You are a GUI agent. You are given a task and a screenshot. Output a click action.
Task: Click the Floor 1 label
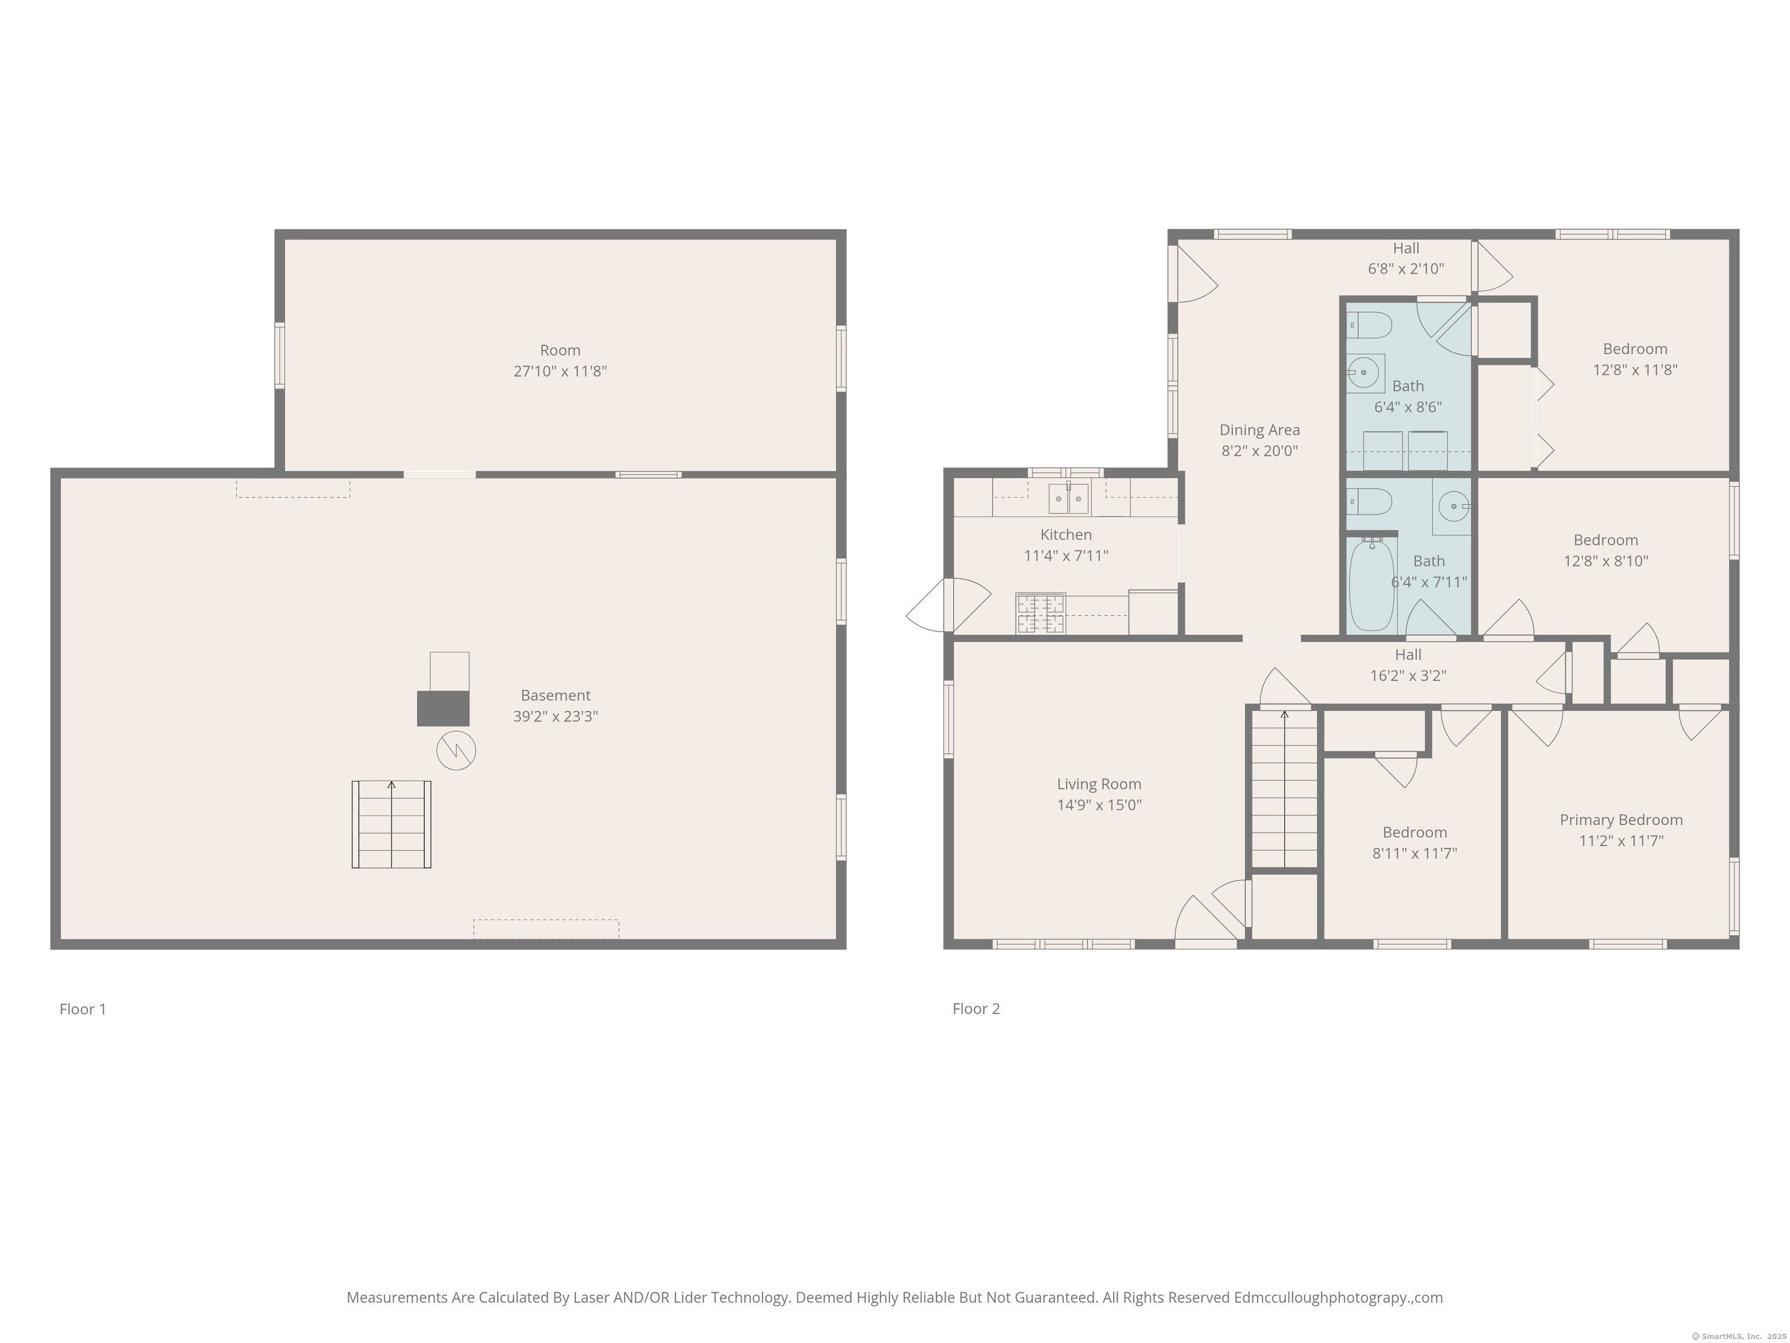click(x=83, y=1008)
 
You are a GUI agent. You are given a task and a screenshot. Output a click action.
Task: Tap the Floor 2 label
click(x=976, y=1008)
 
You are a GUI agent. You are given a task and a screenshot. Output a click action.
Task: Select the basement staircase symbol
click(x=392, y=824)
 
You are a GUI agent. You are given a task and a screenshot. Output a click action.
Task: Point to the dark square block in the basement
click(x=443, y=708)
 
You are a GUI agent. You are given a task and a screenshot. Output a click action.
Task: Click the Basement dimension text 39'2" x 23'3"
click(x=555, y=716)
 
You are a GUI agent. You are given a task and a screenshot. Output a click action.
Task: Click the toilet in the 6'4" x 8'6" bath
click(x=1369, y=325)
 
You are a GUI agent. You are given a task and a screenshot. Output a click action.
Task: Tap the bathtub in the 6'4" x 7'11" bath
click(x=1372, y=585)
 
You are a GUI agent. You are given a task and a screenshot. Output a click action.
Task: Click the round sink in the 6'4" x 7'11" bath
click(x=1453, y=507)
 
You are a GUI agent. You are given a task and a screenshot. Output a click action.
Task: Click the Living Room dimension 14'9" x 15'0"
click(x=1099, y=804)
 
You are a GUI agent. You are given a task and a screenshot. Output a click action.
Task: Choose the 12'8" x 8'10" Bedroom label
click(x=1605, y=550)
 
